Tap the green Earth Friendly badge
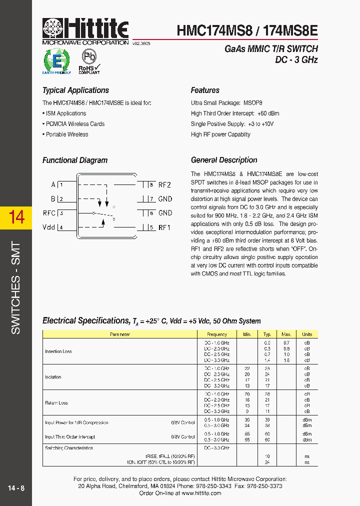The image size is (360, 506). pyautogui.click(x=56, y=61)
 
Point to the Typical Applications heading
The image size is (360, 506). pyautogui.click(x=75, y=90)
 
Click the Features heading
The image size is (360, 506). pyautogui.click(x=205, y=90)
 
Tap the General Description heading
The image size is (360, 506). pyautogui.click(x=224, y=160)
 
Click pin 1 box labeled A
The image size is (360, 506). pyautogui.click(x=61, y=184)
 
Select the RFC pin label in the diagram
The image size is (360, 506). pyautogui.click(x=49, y=213)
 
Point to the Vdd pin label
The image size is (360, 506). pyautogui.click(x=49, y=227)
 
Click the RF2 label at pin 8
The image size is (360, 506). pyautogui.click(x=164, y=184)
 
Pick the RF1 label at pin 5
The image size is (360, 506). pyautogui.click(x=164, y=227)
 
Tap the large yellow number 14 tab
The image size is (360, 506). pyautogui.click(x=16, y=216)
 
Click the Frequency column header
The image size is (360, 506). pyautogui.click(x=216, y=334)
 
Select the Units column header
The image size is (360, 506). pyautogui.click(x=307, y=334)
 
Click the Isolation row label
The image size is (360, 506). pyautogui.click(x=53, y=377)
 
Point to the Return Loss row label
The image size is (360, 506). pyautogui.click(x=56, y=402)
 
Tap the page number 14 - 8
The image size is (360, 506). pyautogui.click(x=16, y=487)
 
